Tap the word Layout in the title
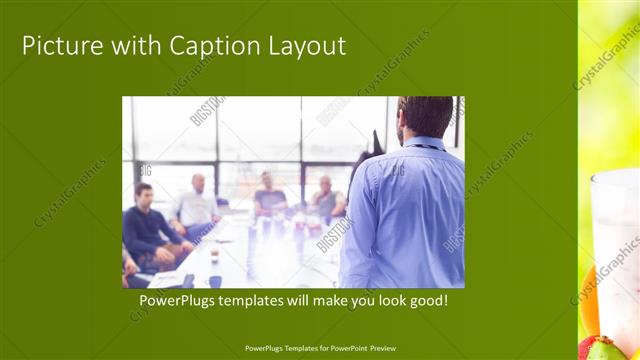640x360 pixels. pos(307,46)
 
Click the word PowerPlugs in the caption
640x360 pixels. pos(179,300)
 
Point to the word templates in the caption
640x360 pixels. pos(261,300)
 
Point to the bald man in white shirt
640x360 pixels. pos(196,204)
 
